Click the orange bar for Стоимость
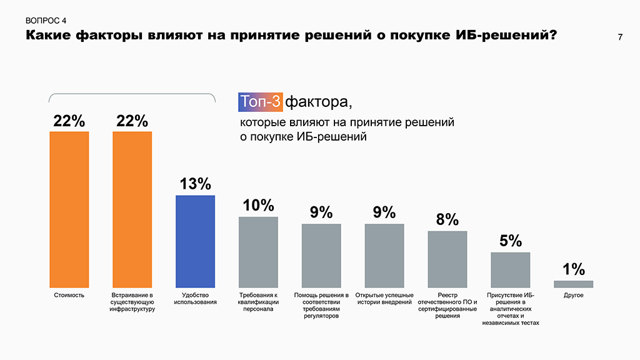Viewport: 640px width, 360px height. [x=69, y=209]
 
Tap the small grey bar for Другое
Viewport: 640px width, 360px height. [x=573, y=284]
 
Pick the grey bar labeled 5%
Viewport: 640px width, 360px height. [x=510, y=269]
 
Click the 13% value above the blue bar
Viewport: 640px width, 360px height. [x=195, y=184]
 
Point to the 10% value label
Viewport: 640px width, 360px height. [x=258, y=205]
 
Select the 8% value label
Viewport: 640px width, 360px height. [x=447, y=219]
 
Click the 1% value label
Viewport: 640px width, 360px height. [x=573, y=269]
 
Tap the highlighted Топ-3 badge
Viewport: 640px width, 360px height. [x=261, y=101]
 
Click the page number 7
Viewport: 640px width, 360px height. [x=619, y=37]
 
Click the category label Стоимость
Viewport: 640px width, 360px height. [x=69, y=295]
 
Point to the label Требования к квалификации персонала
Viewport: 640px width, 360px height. [x=258, y=302]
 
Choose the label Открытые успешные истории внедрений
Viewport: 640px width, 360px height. [x=384, y=299]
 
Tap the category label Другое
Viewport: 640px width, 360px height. [x=573, y=295]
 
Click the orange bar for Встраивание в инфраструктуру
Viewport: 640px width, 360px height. [x=132, y=209]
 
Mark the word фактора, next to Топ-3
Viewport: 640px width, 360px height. [x=314, y=101]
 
